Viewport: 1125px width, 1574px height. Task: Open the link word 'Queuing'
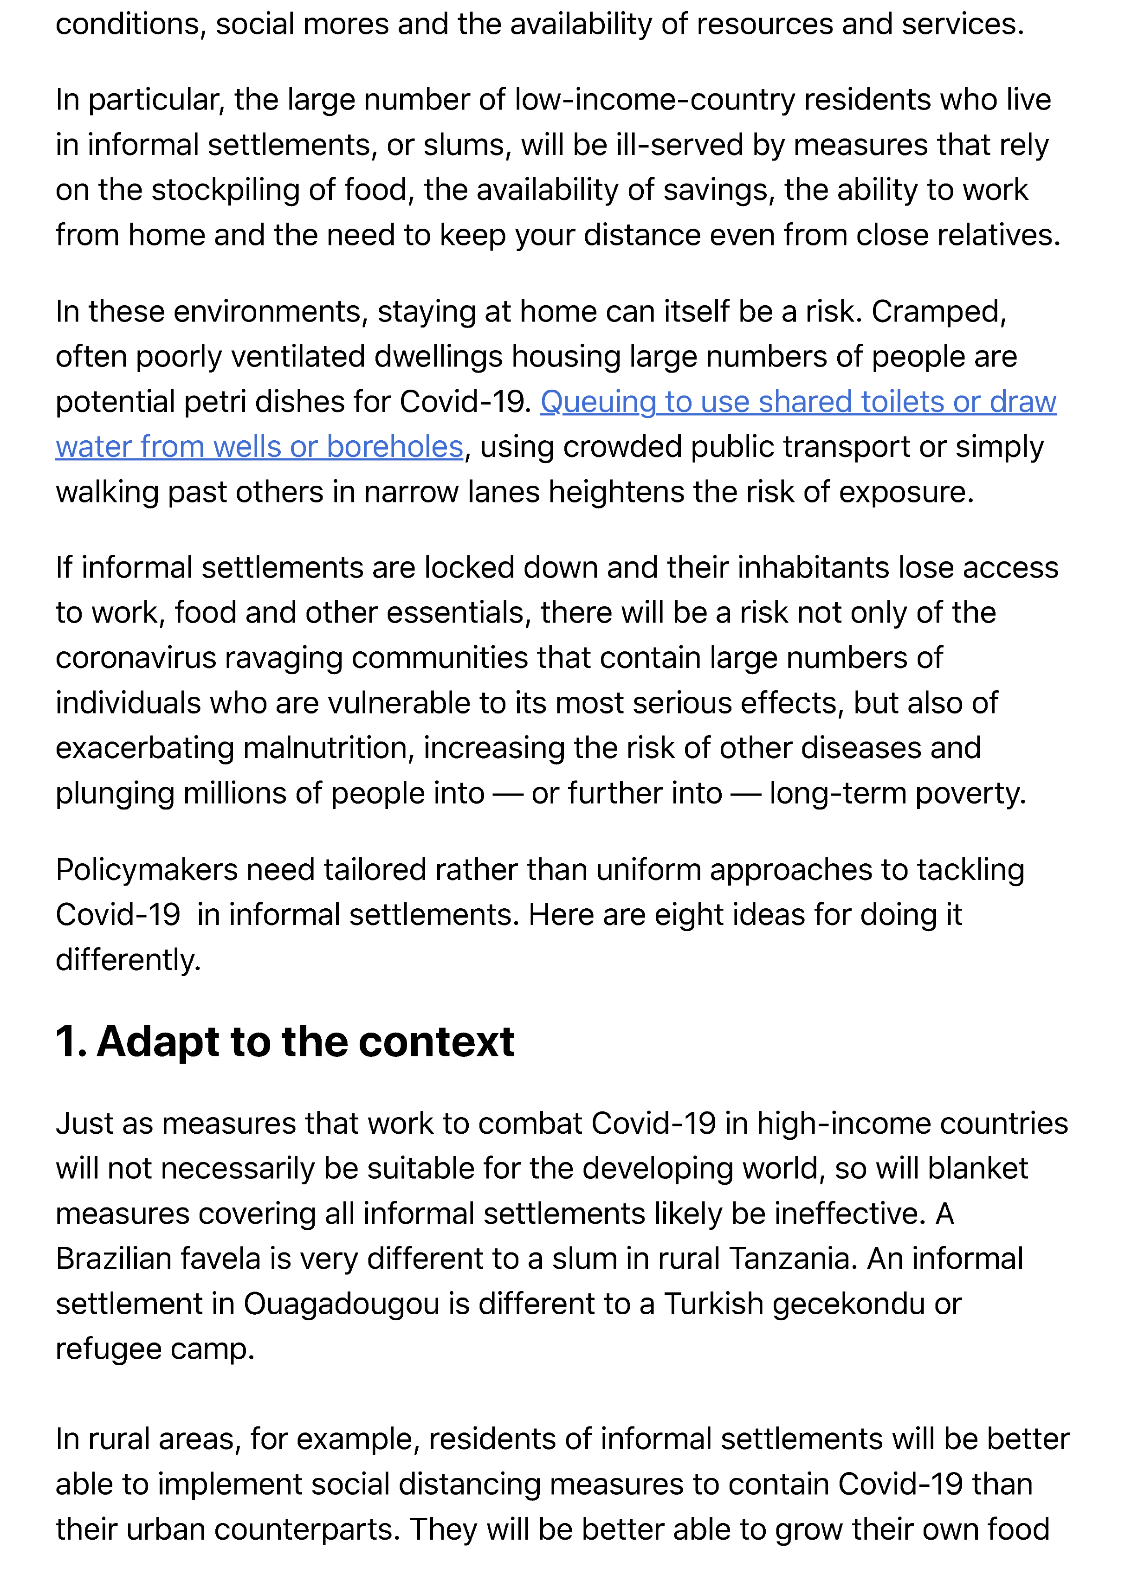tap(597, 402)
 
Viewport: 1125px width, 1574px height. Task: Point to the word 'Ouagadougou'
tap(341, 1304)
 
